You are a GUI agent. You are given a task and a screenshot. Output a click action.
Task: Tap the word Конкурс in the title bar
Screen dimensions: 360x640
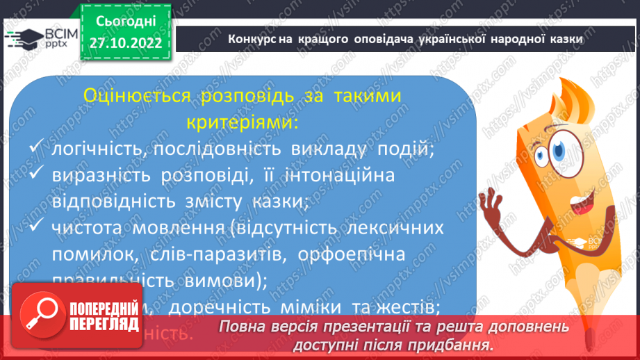pos(252,39)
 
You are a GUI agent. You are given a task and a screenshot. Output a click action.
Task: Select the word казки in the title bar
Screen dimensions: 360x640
pos(562,39)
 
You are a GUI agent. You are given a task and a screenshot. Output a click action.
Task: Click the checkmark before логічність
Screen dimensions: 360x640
pos(38,149)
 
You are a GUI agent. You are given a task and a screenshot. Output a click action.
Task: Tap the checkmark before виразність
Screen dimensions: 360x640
pos(38,178)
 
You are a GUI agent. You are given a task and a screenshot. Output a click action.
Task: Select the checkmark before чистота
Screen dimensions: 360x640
pos(38,228)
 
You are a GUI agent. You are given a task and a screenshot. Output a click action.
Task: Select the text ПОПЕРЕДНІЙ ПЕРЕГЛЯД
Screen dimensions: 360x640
pos(104,316)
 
